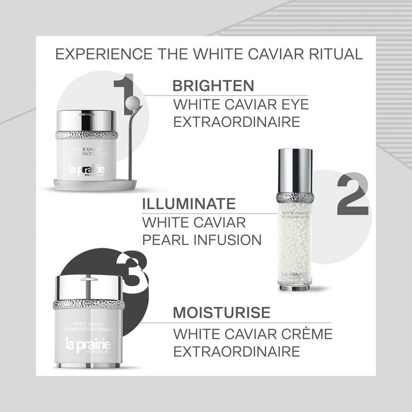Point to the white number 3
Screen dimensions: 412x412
pos(135,270)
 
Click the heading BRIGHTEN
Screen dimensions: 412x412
pos(213,86)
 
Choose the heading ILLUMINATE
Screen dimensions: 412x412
pos(189,203)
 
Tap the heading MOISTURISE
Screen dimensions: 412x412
pos(222,312)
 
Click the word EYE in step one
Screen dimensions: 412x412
pos(293,104)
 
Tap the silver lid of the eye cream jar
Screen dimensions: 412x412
pos(87,120)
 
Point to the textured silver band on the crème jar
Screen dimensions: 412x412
pos(89,305)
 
